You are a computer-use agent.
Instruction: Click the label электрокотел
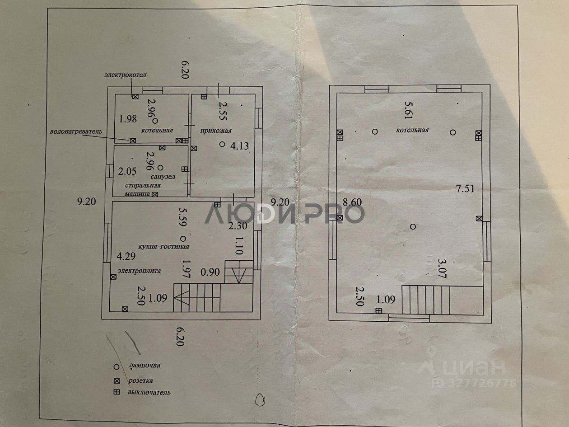tap(126, 75)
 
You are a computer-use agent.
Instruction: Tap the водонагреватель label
tap(75, 131)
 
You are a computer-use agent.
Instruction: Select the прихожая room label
tap(216, 131)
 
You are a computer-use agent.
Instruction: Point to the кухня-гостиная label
tap(163, 247)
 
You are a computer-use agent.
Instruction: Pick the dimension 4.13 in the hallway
tap(239, 145)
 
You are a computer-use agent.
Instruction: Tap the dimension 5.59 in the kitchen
tap(182, 217)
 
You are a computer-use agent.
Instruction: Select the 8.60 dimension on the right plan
tap(353, 202)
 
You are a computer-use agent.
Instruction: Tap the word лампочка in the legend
tap(144, 365)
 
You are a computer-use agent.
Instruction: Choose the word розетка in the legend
tap(140, 380)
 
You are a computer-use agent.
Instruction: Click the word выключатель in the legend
tap(149, 392)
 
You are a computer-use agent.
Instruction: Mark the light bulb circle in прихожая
tap(222, 145)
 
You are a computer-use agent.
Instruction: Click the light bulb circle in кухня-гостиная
tap(182, 238)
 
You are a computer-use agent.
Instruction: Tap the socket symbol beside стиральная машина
tap(155, 194)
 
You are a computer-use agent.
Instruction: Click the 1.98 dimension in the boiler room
tap(128, 119)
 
